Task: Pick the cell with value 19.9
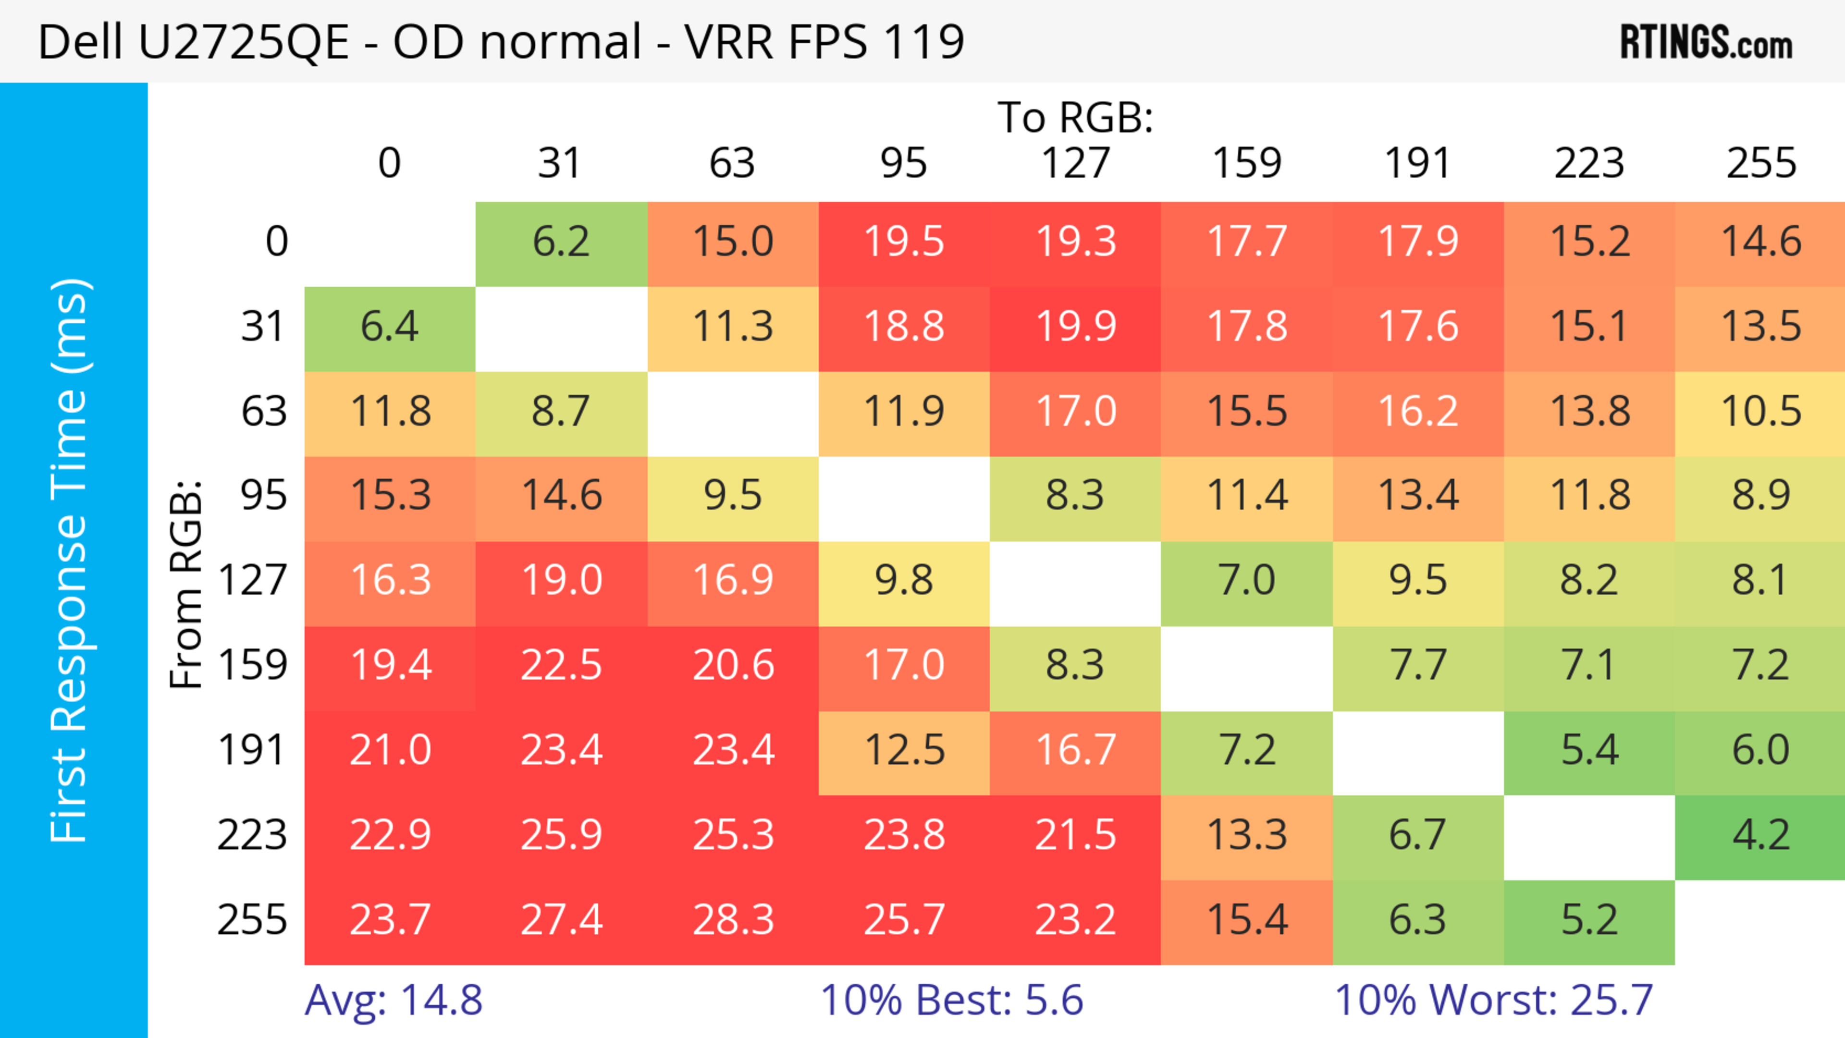1075,327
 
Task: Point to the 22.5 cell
561,666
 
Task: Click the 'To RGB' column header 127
1075,163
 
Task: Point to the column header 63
732,163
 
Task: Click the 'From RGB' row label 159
253,666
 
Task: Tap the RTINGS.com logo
1706,43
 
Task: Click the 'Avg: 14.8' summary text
393,1000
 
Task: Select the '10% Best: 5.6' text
951,1000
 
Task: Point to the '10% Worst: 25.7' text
1493,1000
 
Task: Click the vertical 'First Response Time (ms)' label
70,561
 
